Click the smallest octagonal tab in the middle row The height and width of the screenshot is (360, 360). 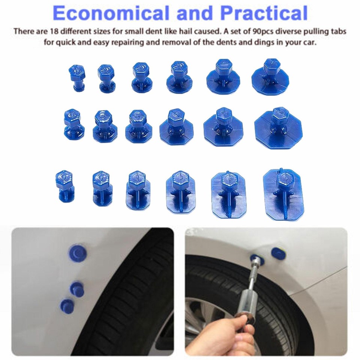[73, 124]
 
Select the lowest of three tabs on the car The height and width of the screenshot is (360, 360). [67, 305]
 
